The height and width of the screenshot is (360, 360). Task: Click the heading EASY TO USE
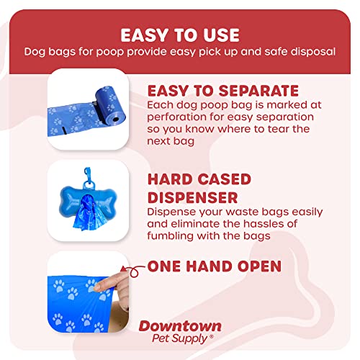click(179, 35)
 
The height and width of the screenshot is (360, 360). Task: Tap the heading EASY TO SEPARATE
click(222, 91)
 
